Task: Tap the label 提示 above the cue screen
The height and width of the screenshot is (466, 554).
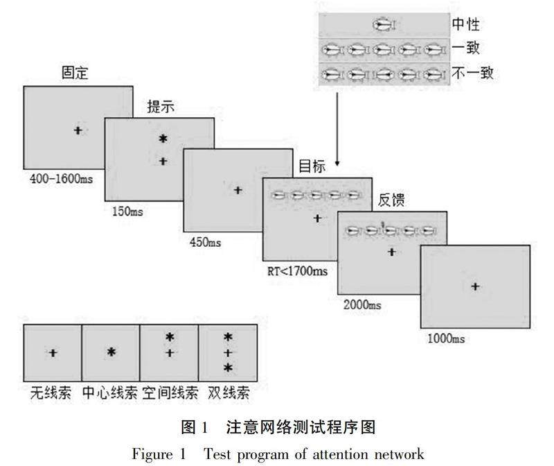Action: point(160,107)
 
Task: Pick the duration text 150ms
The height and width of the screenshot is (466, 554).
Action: point(127,211)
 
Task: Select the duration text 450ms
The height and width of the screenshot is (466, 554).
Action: point(205,242)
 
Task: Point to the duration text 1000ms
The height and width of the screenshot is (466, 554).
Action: point(445,338)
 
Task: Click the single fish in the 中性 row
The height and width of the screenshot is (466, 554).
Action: point(383,26)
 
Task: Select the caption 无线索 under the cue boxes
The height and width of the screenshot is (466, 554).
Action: point(51,393)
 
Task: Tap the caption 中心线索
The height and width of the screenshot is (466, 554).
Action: point(109,393)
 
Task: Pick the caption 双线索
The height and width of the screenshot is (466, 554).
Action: point(229,393)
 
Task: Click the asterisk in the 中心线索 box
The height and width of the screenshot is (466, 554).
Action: point(111,352)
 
